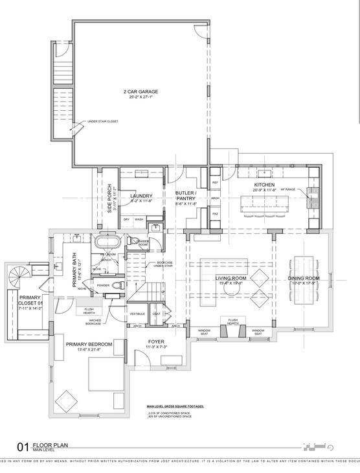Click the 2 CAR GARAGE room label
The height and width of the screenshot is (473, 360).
coord(141,92)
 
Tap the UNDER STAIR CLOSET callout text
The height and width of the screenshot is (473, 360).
coord(103,121)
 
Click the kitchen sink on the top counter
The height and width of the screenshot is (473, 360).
coord(266,173)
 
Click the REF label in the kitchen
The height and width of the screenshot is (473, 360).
coord(216,183)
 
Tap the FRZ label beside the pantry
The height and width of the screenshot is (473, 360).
coord(216,213)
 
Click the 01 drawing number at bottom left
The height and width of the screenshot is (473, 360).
coord(23,446)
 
